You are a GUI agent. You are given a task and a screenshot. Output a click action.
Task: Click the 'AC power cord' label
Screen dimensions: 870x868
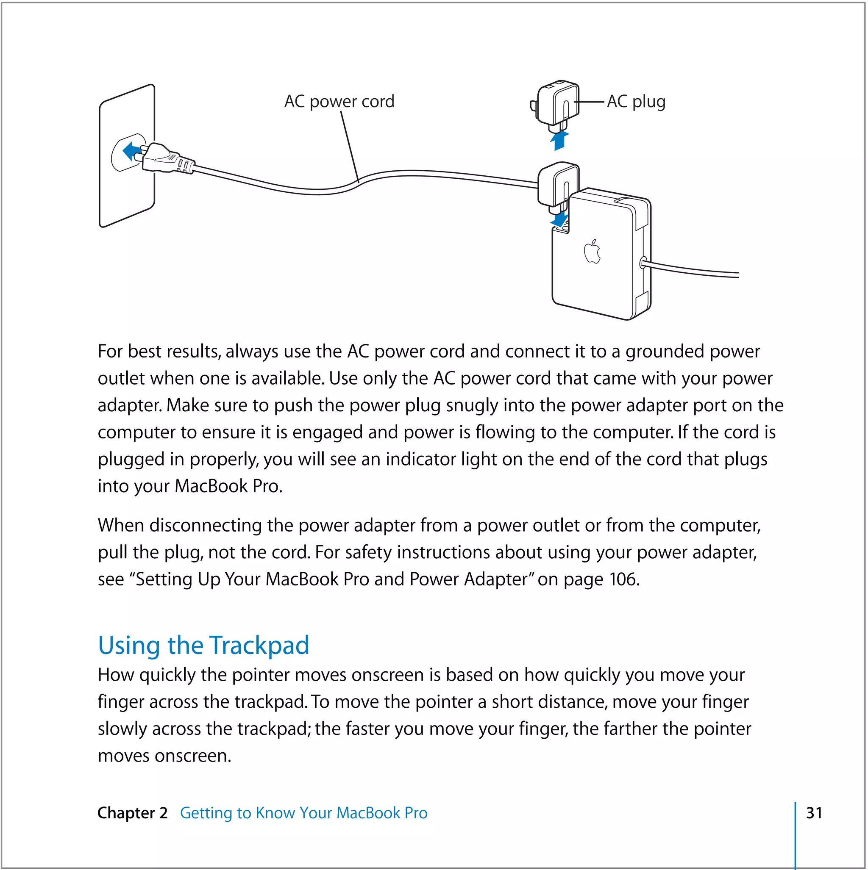pyautogui.click(x=339, y=101)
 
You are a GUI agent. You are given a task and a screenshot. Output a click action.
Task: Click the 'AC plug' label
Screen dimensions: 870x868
pyautogui.click(x=635, y=101)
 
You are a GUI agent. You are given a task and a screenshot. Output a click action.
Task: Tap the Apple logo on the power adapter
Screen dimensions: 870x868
pyautogui.click(x=592, y=252)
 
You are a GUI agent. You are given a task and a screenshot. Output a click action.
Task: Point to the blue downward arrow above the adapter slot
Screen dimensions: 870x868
pyautogui.click(x=559, y=220)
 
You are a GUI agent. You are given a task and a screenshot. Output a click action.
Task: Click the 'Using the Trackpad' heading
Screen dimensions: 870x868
pyautogui.click(x=203, y=645)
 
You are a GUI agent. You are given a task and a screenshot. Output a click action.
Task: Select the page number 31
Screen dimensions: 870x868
pyautogui.click(x=814, y=813)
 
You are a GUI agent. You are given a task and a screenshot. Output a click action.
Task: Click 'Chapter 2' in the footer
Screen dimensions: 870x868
pyautogui.click(x=132, y=813)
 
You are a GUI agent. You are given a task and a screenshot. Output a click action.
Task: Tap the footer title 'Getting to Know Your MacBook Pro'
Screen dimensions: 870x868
pyautogui.click(x=303, y=813)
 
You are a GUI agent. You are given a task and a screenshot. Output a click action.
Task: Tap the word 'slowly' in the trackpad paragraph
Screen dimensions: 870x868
pyautogui.click(x=122, y=729)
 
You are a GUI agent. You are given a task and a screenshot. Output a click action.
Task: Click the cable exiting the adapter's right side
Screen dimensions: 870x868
pyautogui.click(x=694, y=270)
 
